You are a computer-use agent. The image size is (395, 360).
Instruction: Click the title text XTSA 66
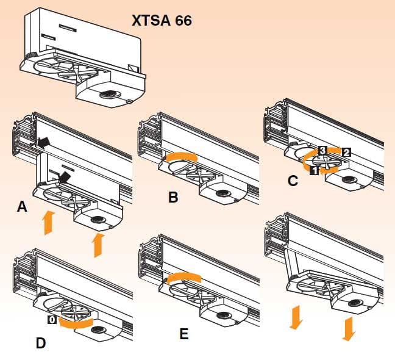click(162, 20)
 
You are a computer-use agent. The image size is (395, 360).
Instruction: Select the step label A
click(22, 208)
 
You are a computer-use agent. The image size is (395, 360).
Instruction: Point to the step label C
click(293, 181)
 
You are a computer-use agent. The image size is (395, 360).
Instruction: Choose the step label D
click(40, 343)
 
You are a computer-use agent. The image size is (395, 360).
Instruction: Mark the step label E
click(183, 334)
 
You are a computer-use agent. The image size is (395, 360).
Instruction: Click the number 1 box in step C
click(313, 171)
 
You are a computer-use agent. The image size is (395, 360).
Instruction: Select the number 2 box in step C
click(346, 153)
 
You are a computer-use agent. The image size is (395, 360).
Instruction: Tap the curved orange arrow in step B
click(179, 157)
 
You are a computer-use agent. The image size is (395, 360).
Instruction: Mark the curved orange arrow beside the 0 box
click(76, 322)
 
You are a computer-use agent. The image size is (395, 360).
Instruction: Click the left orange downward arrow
click(296, 317)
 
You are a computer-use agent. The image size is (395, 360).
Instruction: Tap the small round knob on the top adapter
click(109, 95)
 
